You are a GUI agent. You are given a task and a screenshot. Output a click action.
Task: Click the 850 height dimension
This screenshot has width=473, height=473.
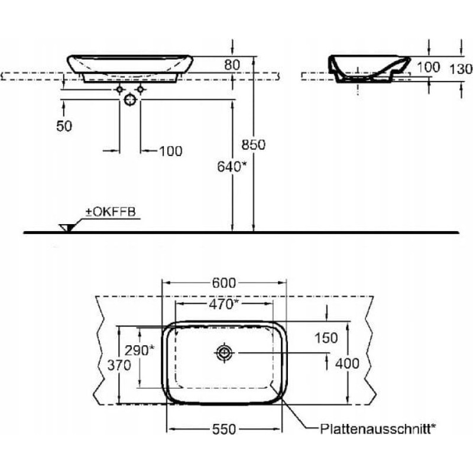254,145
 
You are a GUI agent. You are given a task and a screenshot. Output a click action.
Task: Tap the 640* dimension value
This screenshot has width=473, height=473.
232,167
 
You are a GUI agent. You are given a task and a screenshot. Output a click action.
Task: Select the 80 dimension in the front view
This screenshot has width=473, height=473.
232,65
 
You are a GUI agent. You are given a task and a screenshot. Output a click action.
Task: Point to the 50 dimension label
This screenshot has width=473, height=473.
64,126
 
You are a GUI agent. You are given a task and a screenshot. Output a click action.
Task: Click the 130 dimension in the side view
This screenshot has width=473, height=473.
461,69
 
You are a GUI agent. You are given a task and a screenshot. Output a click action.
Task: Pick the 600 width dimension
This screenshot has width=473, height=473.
224,283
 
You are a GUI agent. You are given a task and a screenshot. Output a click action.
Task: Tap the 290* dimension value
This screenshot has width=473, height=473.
140,350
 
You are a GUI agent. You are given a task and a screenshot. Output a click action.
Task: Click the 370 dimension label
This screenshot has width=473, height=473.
119,365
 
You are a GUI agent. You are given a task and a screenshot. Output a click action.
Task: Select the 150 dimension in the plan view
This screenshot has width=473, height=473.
326,338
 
